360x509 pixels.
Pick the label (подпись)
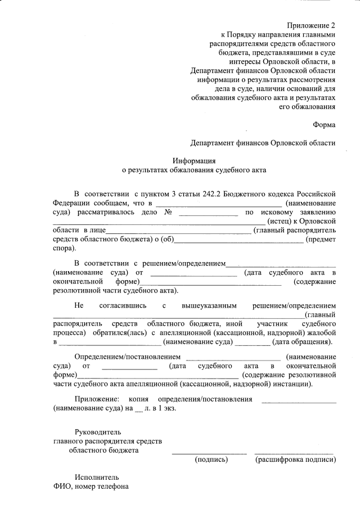(211, 460)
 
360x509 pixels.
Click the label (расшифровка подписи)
(296, 460)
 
